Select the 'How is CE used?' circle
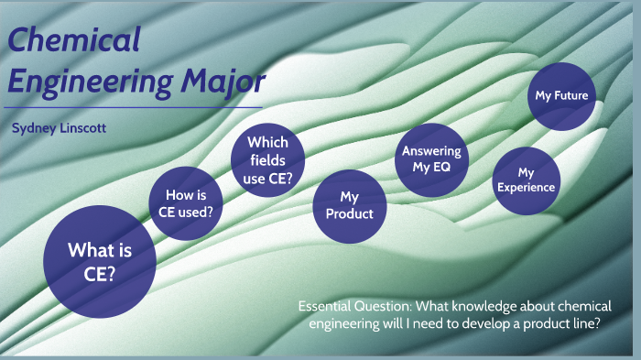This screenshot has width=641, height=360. point(188,203)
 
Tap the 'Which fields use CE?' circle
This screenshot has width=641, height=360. point(267,160)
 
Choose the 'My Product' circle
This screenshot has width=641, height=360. point(350,206)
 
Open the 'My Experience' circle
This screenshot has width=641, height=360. point(526,179)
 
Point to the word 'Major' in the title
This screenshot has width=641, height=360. point(223,81)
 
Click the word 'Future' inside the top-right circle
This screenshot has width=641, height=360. point(572,95)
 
